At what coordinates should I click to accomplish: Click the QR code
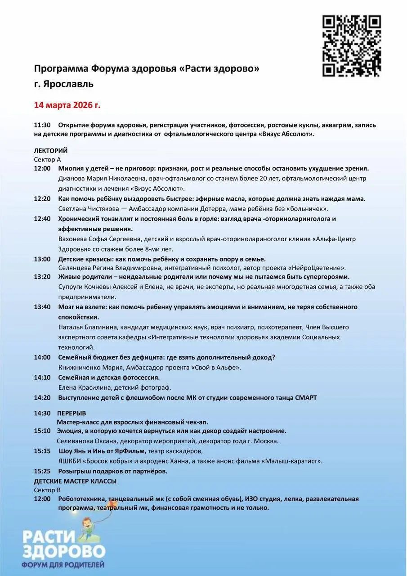tap(352, 45)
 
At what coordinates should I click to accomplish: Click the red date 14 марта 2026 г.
tap(67, 105)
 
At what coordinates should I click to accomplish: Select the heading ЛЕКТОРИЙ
tap(51, 151)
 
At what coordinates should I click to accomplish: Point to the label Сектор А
tap(47, 159)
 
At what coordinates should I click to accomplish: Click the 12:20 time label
tap(42, 198)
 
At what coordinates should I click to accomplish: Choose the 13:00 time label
tap(42, 259)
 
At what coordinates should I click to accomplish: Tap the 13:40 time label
tap(42, 307)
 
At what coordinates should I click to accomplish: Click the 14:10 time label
tap(42, 378)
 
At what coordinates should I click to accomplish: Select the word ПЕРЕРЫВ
tap(72, 413)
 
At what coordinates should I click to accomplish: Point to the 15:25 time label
tap(42, 471)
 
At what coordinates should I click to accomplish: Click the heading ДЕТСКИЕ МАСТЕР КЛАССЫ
tap(75, 481)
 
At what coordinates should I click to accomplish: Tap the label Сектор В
tap(47, 490)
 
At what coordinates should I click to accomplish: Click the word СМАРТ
tap(306, 397)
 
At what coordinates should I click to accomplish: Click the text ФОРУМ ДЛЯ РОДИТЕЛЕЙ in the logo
tap(64, 563)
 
